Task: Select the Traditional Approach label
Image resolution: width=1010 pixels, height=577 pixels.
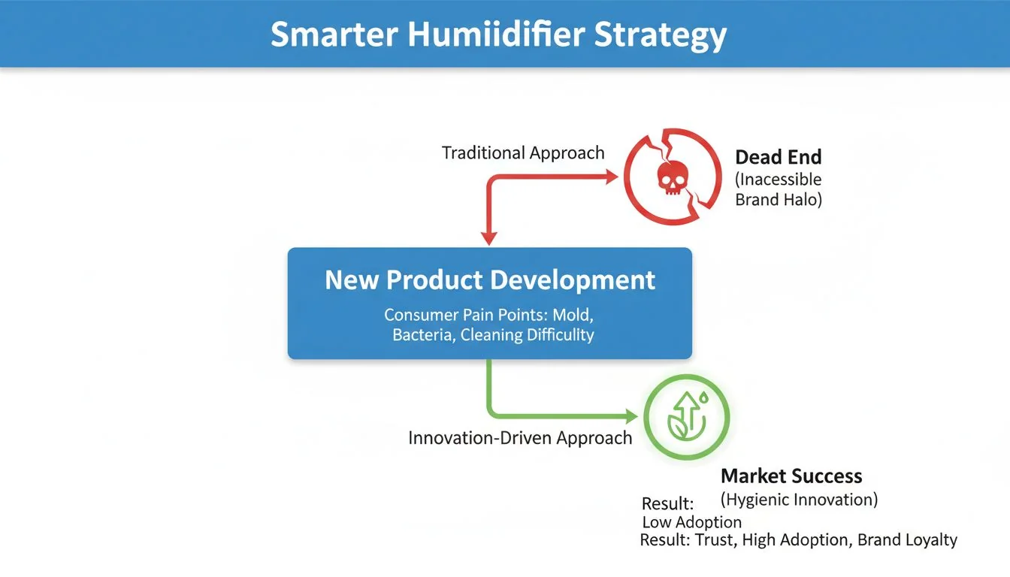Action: click(523, 153)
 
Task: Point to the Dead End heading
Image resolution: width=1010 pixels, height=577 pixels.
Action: click(778, 157)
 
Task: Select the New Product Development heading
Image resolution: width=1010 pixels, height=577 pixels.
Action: click(490, 280)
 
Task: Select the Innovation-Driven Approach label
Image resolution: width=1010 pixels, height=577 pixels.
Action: click(520, 438)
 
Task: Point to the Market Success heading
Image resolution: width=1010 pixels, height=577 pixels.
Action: click(791, 476)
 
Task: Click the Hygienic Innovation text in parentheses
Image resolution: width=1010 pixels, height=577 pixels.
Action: click(799, 499)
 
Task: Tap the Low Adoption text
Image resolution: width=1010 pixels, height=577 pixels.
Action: click(691, 522)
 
